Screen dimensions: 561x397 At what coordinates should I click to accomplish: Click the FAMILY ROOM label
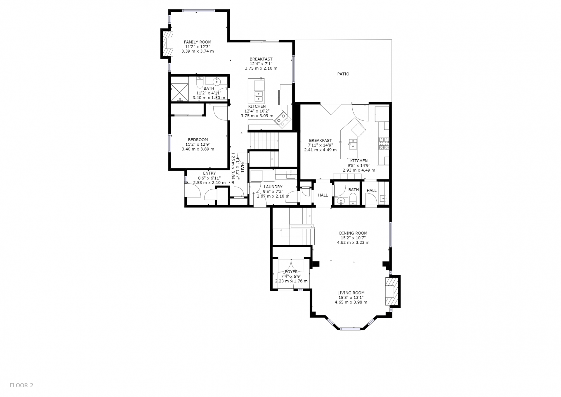coord(198,42)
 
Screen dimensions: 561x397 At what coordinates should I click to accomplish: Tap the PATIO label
coord(343,74)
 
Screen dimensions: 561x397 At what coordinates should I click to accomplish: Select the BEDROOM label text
coord(198,140)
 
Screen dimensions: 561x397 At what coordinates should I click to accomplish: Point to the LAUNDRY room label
coord(273,187)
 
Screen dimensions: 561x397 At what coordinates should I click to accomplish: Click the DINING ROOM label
coord(353,233)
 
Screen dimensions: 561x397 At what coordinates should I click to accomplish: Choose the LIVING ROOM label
coord(351,293)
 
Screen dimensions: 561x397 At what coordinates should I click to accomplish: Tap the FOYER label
coord(291,272)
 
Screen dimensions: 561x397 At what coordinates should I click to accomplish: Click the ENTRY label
coord(209,173)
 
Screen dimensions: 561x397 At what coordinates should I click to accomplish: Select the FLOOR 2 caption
coord(22,385)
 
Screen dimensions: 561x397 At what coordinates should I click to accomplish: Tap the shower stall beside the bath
coord(179,92)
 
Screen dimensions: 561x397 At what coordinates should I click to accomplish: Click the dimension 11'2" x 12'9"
coord(198,144)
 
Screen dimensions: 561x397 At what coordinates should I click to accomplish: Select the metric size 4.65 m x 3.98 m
coord(351,302)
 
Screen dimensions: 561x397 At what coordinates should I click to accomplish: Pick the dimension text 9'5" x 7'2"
coord(273,191)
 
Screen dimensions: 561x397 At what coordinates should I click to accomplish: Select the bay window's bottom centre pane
coord(350,329)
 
